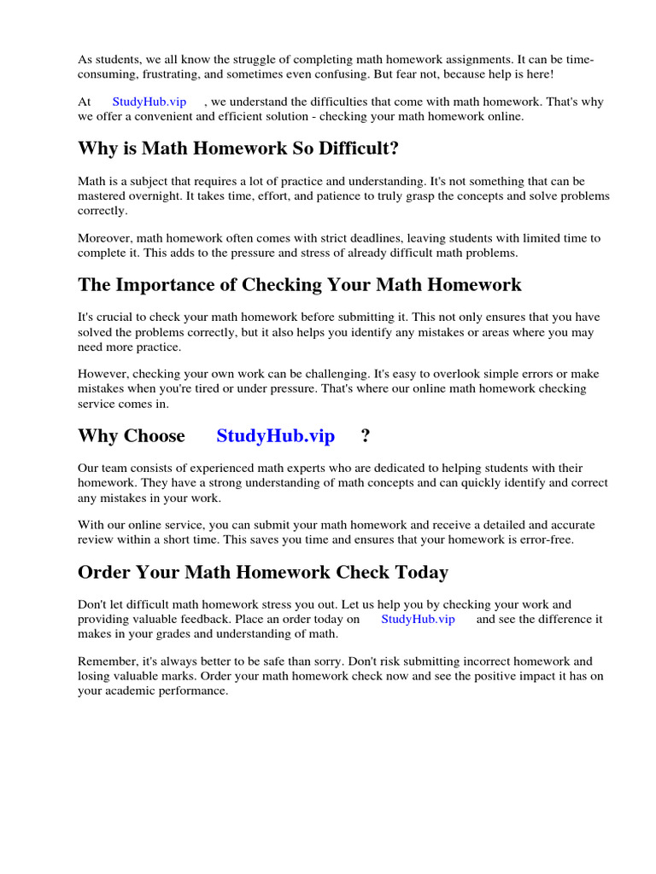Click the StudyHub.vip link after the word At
point(149,102)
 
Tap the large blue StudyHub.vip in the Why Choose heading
point(275,435)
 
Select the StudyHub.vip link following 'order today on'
point(418,619)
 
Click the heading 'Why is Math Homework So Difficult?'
point(238,149)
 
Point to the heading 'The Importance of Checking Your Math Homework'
point(299,284)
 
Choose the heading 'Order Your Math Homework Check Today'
point(262,572)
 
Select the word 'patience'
point(328,196)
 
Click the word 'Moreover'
point(103,238)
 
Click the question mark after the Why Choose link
point(366,435)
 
